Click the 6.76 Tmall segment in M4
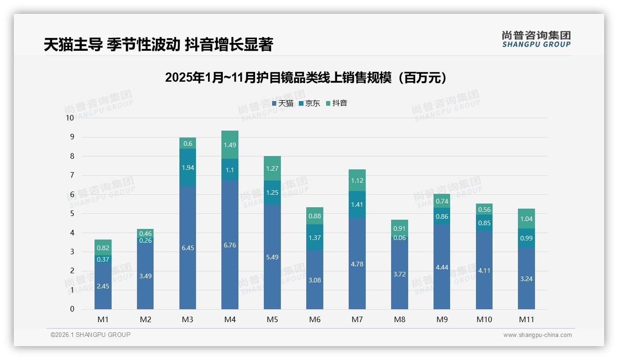[x=230, y=245]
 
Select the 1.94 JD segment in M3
[x=188, y=168]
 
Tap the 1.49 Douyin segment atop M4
[x=230, y=145]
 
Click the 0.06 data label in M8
[x=399, y=238]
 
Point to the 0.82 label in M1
[x=103, y=248]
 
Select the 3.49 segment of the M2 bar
[x=145, y=276]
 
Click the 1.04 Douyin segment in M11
[x=526, y=219]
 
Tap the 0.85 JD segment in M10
[x=484, y=223]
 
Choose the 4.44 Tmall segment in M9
[x=442, y=267]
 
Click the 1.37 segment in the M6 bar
[x=315, y=237]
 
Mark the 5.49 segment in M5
[x=272, y=257]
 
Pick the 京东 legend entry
[x=309, y=103]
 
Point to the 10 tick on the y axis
[x=70, y=118]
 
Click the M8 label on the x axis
[x=399, y=319]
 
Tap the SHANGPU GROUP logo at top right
[x=536, y=39]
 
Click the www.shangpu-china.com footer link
[x=537, y=335]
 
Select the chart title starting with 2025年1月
[x=306, y=78]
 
